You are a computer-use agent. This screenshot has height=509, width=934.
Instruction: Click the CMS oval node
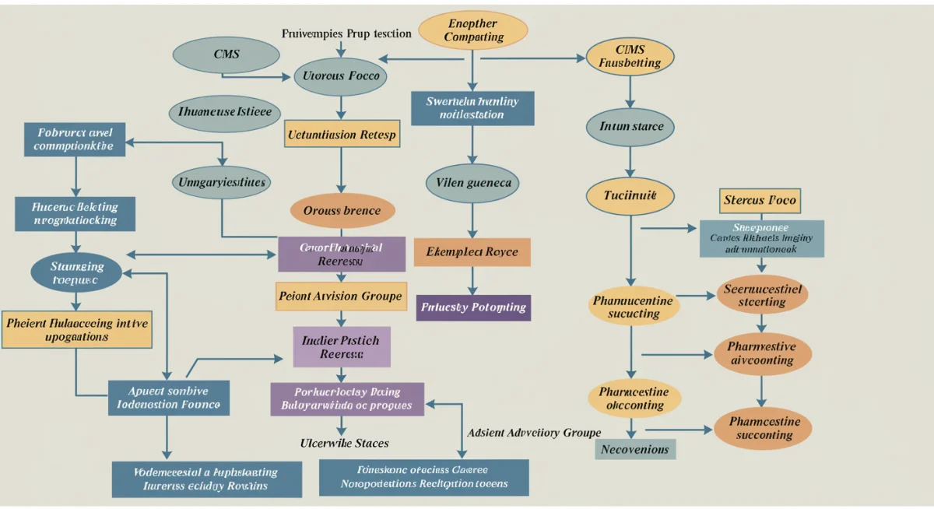coord(226,54)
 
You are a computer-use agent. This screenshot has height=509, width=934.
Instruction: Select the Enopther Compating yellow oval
coord(473,29)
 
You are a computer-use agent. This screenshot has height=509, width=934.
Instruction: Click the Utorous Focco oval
coord(341,76)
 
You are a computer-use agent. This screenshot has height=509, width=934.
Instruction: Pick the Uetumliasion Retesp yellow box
coord(341,134)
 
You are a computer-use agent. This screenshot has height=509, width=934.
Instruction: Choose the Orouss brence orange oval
coord(342,210)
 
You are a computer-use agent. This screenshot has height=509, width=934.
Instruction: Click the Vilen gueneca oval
coord(472,182)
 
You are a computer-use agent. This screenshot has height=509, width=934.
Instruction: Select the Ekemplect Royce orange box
coord(472,252)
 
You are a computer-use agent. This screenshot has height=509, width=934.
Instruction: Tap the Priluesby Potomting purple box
coord(472,307)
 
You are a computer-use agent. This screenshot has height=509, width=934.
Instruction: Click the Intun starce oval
coord(631,125)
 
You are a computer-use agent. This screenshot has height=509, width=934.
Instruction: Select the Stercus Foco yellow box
coord(760,201)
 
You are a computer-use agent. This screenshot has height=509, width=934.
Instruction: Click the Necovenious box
coord(636,449)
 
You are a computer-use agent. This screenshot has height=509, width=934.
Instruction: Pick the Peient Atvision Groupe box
coord(341,296)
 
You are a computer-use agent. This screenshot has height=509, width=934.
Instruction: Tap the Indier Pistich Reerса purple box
coord(341,346)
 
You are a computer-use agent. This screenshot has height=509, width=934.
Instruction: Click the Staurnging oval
coord(77,272)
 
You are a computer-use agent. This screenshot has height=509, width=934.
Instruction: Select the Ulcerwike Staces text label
coord(344,443)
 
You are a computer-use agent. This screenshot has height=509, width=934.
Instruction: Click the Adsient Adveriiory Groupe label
coord(534,433)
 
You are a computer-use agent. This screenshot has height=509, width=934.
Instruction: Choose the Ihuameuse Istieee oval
coord(224,112)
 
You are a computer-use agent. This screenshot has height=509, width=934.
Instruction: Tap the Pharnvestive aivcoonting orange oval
coord(763,353)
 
